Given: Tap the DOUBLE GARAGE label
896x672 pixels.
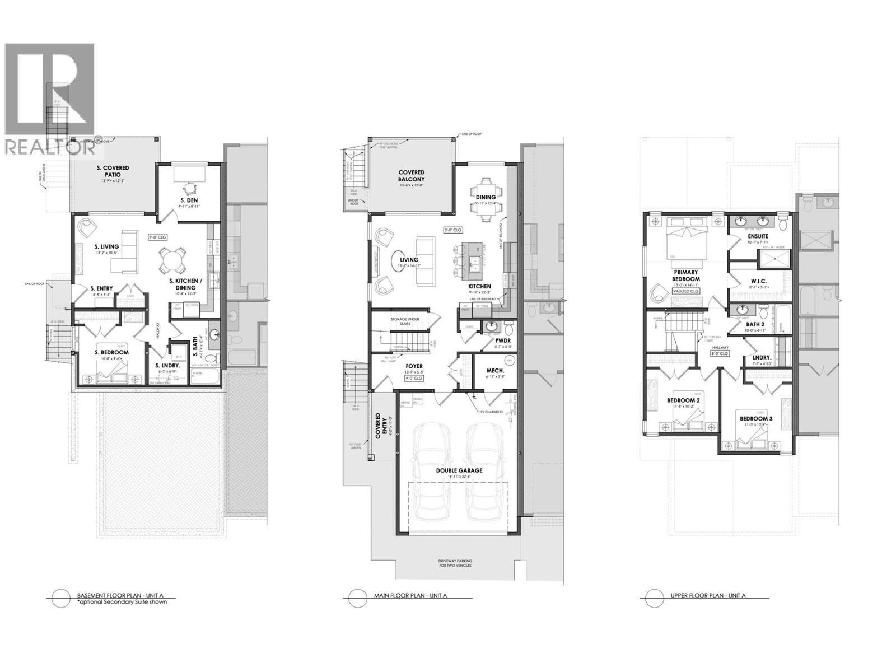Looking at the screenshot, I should [459, 470].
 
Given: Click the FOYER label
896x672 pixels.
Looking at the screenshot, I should [415, 367].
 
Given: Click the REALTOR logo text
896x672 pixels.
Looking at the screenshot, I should [49, 147].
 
